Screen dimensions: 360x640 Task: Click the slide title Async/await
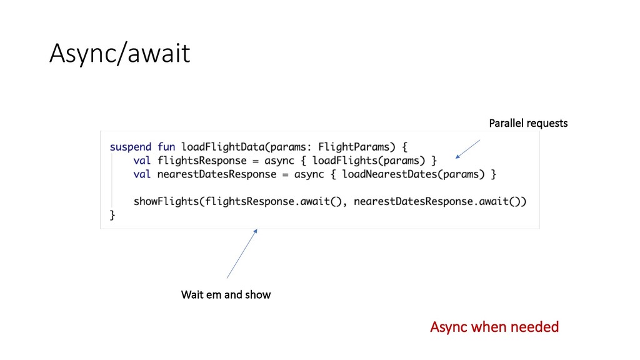[x=119, y=54]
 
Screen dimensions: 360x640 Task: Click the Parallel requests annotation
[x=528, y=123]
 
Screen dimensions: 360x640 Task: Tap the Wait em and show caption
[x=226, y=294]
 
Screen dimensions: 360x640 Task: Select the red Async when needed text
[x=494, y=327]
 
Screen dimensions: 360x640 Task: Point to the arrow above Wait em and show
[x=241, y=254]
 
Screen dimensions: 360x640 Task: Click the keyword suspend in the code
[x=131, y=147]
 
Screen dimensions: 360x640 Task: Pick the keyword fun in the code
[x=166, y=147]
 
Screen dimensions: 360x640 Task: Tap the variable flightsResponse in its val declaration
[x=202, y=161]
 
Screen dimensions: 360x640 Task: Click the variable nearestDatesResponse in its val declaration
[x=217, y=174]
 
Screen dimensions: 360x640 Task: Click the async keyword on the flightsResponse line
[x=280, y=161]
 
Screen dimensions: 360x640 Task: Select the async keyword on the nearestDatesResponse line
[x=309, y=174]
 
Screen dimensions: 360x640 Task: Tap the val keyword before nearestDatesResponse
[x=142, y=174]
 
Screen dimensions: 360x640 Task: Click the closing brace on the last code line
[x=112, y=215]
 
